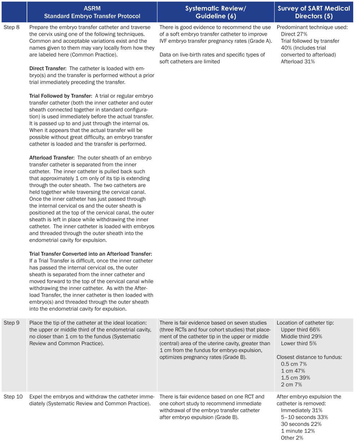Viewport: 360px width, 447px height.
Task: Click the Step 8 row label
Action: tap(12, 27)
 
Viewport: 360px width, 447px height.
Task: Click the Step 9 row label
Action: tap(12, 323)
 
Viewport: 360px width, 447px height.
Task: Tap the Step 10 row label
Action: tap(13, 397)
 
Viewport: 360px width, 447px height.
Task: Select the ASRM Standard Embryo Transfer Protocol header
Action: tap(92, 12)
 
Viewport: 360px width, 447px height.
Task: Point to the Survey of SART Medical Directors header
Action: tap(314, 12)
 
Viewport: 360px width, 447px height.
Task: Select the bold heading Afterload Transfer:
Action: tap(52, 158)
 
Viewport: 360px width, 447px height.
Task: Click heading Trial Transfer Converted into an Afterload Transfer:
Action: tap(91, 254)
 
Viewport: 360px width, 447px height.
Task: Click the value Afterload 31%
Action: tap(298, 62)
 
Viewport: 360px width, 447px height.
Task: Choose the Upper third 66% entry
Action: tap(300, 330)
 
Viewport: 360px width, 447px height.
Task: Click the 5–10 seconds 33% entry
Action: tap(304, 417)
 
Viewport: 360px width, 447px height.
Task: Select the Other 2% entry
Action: tap(292, 438)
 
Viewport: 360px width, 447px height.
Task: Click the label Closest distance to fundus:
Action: tap(309, 357)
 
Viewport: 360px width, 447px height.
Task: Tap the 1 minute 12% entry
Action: tap(298, 431)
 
